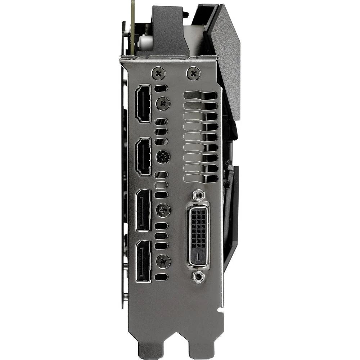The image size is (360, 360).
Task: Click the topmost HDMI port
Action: coord(143,104)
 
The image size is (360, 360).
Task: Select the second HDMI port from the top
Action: coord(143,157)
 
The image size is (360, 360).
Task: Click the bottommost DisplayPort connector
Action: coord(143,261)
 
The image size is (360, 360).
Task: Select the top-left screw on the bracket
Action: coord(158,74)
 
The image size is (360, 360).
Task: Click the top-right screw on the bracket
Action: coord(194,74)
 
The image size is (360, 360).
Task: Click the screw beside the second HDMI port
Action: coord(162,157)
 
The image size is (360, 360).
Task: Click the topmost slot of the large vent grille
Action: coord(201,95)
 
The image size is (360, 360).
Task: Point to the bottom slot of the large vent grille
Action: coord(201,178)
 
